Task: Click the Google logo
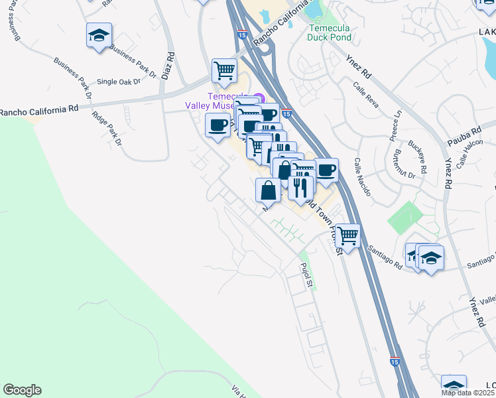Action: pos(22,390)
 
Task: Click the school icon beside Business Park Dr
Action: pos(99,34)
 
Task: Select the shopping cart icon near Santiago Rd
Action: pos(347,235)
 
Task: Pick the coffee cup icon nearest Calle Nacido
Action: pos(326,170)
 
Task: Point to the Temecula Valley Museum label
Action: pos(218,100)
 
